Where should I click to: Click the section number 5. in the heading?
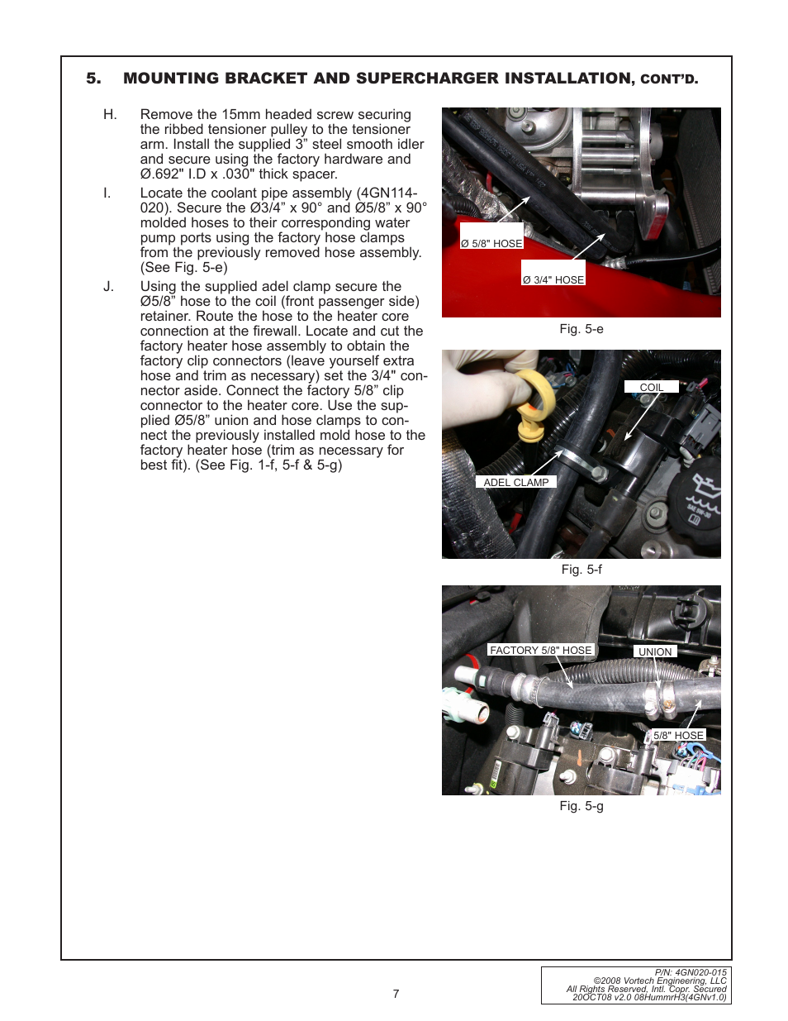point(93,79)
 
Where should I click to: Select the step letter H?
point(110,115)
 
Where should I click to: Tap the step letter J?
point(108,287)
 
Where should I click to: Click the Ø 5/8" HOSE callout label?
point(491,244)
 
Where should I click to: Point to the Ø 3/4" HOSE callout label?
point(553,280)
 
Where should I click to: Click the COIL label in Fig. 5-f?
point(651,388)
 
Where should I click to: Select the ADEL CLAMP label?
point(515,483)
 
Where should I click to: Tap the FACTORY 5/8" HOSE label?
point(541,651)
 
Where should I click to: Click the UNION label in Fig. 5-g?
point(655,652)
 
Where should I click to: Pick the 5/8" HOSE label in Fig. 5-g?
point(678,736)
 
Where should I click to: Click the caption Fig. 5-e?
point(582,329)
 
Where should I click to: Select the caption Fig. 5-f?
point(582,570)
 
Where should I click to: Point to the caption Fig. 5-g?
point(582,806)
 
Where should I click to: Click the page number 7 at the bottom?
point(396,994)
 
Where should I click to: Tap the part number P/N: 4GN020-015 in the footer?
point(691,973)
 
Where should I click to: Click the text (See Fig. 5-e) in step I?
point(183,268)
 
